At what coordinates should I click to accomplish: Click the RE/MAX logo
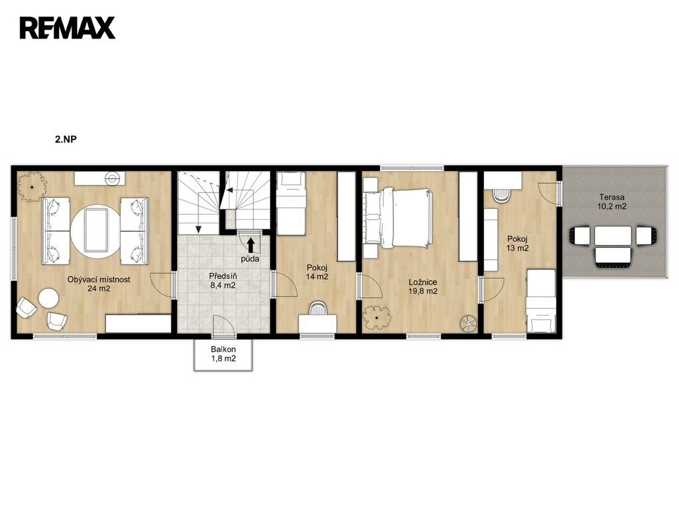click(x=67, y=28)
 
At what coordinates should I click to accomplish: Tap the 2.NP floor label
click(x=66, y=139)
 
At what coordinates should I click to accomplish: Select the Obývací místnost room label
click(x=99, y=280)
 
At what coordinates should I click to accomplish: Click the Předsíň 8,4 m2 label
click(x=223, y=280)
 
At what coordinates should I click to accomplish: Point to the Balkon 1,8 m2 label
click(x=223, y=354)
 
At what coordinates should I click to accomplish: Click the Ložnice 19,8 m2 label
click(x=422, y=286)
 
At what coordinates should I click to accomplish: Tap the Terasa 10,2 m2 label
click(x=612, y=201)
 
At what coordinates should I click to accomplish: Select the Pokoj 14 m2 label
click(x=317, y=272)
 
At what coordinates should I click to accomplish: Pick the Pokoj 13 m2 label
click(x=517, y=243)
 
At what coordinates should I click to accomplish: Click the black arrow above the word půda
click(x=251, y=245)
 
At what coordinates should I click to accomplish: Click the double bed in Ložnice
click(x=398, y=217)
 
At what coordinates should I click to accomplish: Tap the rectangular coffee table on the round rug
click(x=96, y=230)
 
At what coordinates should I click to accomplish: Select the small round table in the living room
click(x=48, y=299)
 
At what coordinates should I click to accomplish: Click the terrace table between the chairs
click(x=613, y=235)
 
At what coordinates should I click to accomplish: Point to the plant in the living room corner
click(x=32, y=186)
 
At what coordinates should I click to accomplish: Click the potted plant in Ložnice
click(x=377, y=317)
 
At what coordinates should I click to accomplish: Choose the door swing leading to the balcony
click(x=224, y=324)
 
